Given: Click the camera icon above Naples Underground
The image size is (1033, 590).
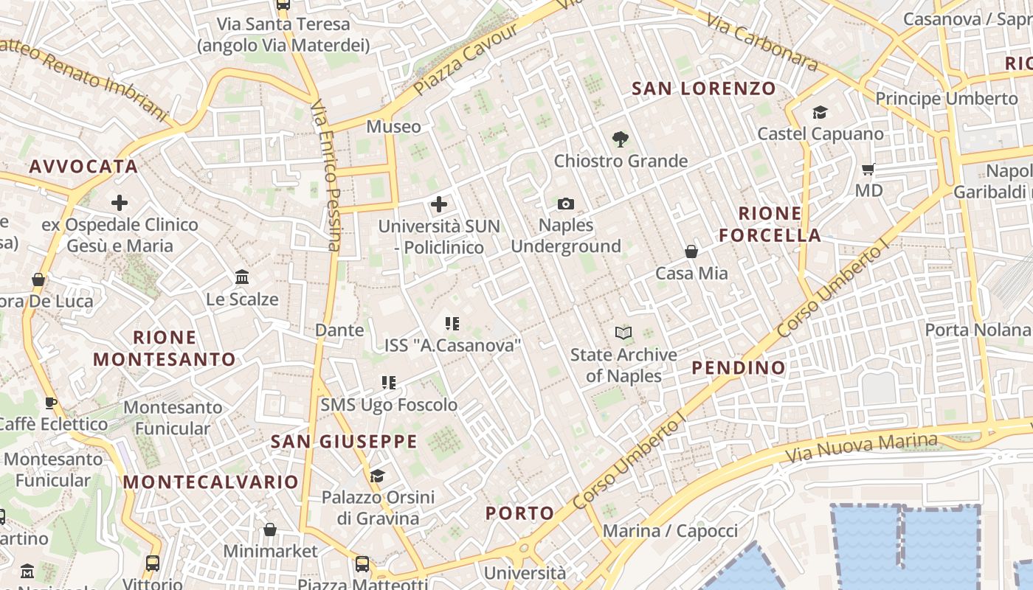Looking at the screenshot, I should click(x=566, y=204).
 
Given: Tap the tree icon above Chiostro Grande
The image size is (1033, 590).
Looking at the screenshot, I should click(x=621, y=139).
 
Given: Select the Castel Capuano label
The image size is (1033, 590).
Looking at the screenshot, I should click(x=820, y=133).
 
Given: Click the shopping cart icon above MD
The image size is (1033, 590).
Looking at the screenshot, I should click(x=868, y=169).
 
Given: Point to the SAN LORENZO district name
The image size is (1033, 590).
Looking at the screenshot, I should click(x=704, y=89).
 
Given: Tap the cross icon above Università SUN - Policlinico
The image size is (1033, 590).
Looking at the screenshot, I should click(x=439, y=204).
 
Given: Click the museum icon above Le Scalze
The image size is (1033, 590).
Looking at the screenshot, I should click(x=242, y=277).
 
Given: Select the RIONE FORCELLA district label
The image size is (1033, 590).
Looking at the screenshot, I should click(x=770, y=224).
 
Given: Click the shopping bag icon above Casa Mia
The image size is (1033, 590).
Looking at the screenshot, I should click(x=691, y=251).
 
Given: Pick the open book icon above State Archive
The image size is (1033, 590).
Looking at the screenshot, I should click(x=623, y=333).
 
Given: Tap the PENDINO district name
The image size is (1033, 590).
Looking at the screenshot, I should click(x=739, y=367).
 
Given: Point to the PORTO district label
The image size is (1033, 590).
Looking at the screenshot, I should click(x=519, y=513).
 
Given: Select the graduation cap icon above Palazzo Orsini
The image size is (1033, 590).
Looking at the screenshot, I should click(x=378, y=476).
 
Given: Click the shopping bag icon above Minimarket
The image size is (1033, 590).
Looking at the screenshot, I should click(x=270, y=530).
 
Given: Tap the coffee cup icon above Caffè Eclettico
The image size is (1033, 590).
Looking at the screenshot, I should click(x=50, y=403).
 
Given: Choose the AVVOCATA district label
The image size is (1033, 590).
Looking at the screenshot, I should click(x=83, y=167).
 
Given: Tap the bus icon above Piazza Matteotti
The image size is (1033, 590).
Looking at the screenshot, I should click(x=362, y=564).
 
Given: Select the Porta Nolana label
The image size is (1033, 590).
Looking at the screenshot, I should click(x=977, y=330).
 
